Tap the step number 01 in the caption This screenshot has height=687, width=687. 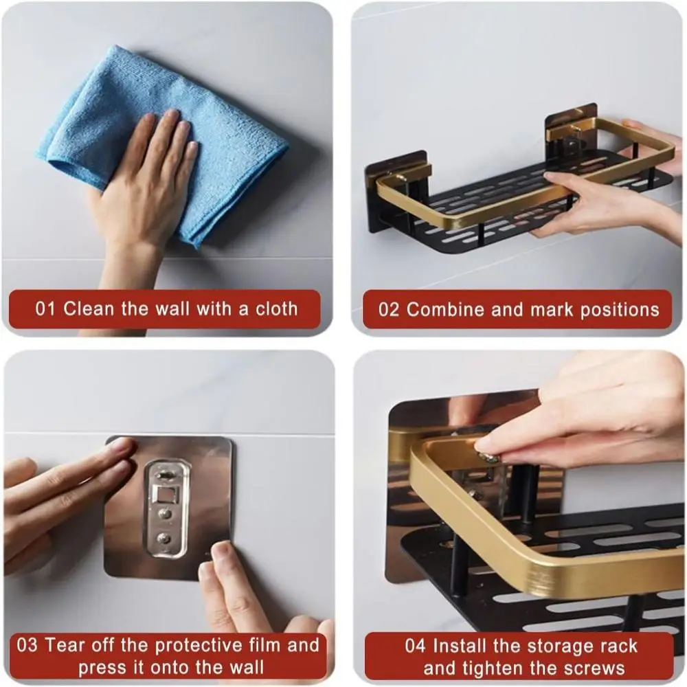click(x=45, y=309)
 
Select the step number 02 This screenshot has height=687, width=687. click(x=389, y=310)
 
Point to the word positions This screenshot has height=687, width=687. click(x=620, y=311)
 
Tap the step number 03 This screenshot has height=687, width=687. click(x=27, y=645)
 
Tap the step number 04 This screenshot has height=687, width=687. click(x=415, y=646)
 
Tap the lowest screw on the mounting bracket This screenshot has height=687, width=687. click(x=165, y=537)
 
